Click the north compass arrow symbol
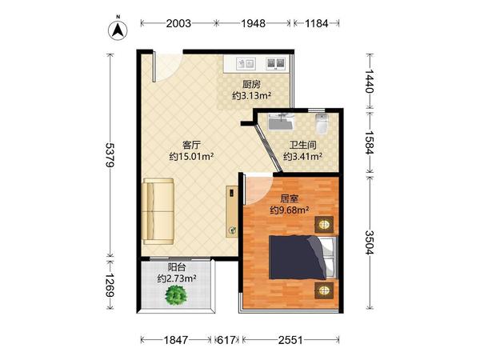point(118,30)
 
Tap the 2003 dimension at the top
point(178,23)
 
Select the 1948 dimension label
point(253,23)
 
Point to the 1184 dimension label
point(318,23)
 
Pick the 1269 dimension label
point(110,286)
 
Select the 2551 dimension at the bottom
point(290,341)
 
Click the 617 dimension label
point(228,341)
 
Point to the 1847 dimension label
point(177,341)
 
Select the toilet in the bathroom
point(322,124)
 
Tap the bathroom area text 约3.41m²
point(302,157)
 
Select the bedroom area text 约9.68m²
point(289,210)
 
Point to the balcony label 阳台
point(177,267)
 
